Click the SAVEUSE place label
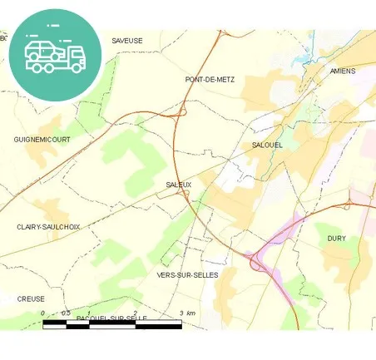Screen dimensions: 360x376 pos(127,40)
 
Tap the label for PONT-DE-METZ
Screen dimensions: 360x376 pos(210,80)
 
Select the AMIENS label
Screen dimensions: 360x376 pos(342,72)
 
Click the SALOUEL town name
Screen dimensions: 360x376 pos(268,145)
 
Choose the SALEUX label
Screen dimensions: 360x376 pos(179,185)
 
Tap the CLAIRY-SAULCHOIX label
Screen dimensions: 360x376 pos(48,226)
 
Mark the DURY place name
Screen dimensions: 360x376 pos(336,239)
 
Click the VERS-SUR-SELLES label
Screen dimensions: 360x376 pos(187,274)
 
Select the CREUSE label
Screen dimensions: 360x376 pos(31,298)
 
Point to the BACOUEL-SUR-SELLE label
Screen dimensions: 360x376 pos(111,318)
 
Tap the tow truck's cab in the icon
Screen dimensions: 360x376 pos(74,56)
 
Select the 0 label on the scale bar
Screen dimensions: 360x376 pos(43,313)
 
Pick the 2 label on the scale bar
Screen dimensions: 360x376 pos(135,313)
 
